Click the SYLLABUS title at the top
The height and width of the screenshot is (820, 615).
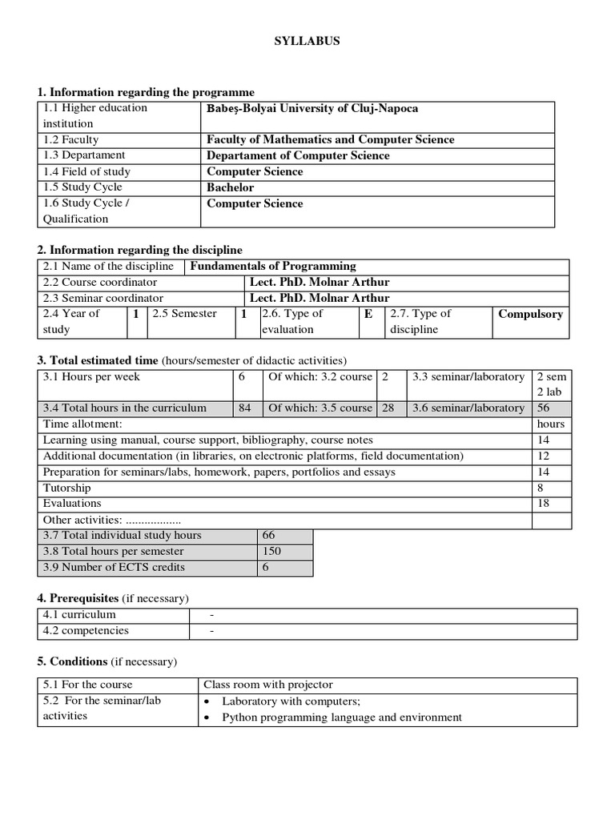[307, 42]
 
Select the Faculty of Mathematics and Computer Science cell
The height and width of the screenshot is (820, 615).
[330, 139]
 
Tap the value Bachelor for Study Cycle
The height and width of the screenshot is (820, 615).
[231, 187]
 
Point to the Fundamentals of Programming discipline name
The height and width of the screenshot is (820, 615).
[273, 266]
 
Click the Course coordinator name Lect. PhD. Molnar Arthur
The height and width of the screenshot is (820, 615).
[320, 282]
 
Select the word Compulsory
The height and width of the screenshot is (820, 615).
[530, 314]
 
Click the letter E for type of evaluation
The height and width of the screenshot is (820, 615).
[368, 314]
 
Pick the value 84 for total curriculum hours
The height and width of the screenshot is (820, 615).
[245, 408]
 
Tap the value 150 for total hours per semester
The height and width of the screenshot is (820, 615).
[271, 551]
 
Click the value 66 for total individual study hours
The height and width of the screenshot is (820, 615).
[268, 535]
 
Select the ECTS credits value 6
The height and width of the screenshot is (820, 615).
[266, 567]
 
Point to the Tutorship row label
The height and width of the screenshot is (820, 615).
[67, 488]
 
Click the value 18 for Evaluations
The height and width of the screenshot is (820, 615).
[544, 504]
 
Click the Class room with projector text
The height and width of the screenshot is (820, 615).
[268, 685]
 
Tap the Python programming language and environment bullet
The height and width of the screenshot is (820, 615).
[341, 717]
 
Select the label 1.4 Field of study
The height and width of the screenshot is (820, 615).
[87, 171]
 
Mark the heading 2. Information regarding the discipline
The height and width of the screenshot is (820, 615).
[140, 250]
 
